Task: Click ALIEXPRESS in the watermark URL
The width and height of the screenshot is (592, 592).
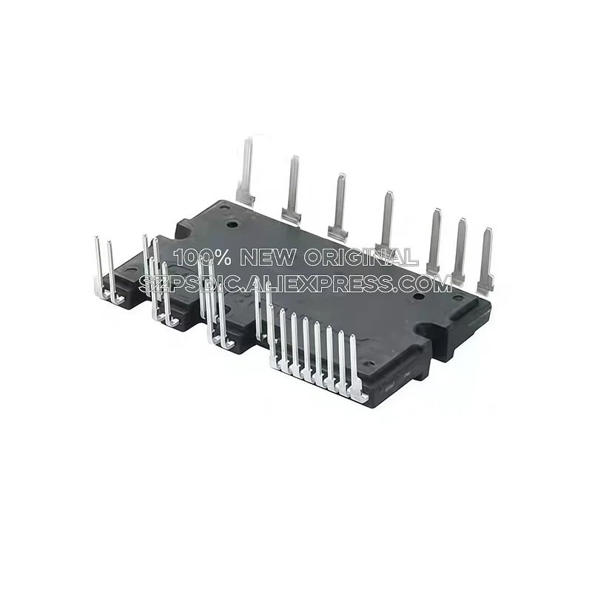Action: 322,283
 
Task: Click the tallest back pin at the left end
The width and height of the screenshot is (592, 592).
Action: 246,170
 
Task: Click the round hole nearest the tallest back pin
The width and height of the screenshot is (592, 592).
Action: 232,223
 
